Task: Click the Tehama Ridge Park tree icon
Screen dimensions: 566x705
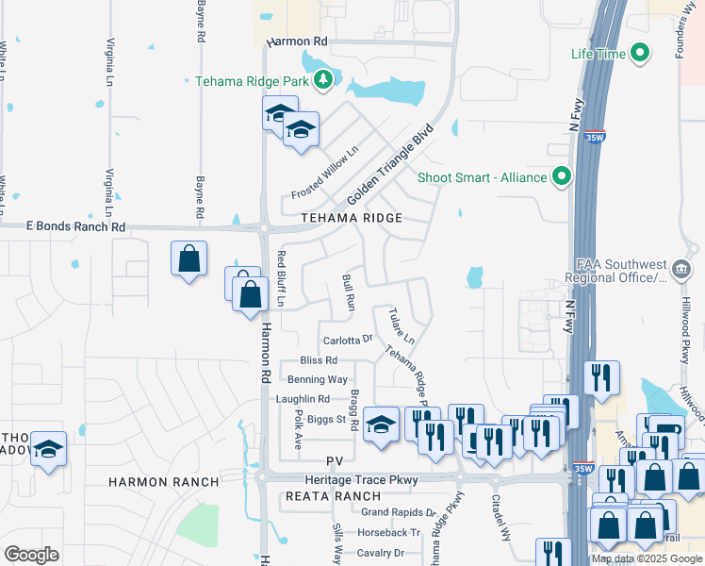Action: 324,80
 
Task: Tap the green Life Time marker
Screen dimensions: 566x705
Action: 640,54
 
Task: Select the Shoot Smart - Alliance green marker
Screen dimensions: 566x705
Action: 563,177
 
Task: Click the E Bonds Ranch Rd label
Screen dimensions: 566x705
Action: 75,227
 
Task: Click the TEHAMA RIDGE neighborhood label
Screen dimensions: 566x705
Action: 352,218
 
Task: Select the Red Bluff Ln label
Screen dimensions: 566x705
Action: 281,279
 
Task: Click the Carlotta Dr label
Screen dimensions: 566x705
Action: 348,340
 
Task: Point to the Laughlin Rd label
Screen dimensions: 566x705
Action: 303,399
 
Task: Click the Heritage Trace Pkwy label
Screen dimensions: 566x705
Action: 385,480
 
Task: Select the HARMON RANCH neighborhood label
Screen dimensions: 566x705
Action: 163,482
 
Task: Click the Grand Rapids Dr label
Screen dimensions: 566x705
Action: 399,513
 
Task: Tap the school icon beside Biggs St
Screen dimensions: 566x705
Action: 381,424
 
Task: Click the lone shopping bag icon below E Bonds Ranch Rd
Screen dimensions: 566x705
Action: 189,258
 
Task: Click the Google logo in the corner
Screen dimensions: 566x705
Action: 32,555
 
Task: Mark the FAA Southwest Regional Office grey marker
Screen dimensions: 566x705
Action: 680,271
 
